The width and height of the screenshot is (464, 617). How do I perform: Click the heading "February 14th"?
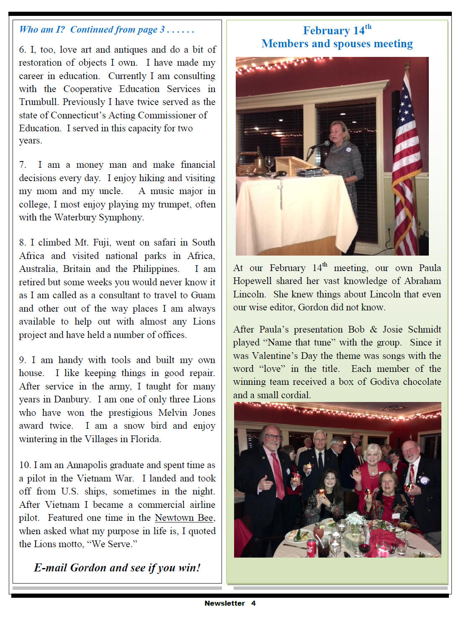(337, 31)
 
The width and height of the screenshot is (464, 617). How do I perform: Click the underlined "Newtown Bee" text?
(184, 518)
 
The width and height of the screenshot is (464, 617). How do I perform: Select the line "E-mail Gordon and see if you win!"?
(117, 568)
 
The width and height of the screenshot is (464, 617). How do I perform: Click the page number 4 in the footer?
(253, 603)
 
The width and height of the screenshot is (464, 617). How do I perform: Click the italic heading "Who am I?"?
(42, 29)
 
